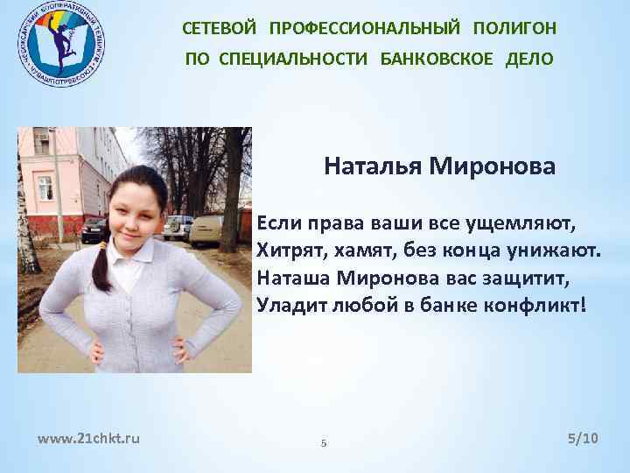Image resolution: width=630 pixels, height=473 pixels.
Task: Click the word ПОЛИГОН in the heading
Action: (514, 28)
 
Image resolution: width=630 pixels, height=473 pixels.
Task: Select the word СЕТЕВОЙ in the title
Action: (220, 28)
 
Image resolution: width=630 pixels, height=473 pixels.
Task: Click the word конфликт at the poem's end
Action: (537, 307)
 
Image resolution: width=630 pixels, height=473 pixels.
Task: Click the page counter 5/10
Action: (582, 437)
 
